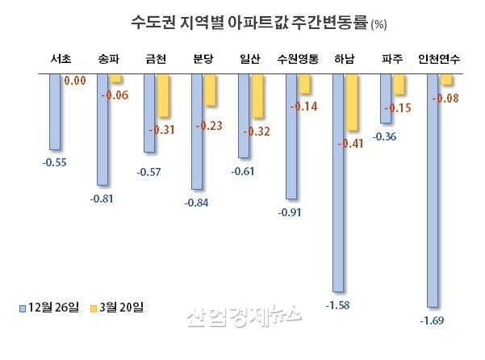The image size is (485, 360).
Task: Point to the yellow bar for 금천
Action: click(x=162, y=95)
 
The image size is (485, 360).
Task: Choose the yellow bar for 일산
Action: click(x=257, y=96)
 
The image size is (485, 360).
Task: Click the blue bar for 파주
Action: click(x=386, y=98)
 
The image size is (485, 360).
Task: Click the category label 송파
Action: click(x=108, y=59)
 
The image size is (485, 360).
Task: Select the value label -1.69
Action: click(x=433, y=320)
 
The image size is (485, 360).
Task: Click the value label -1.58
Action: click(x=338, y=305)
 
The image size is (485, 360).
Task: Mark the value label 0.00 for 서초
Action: click(x=75, y=81)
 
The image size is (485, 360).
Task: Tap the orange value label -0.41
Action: click(x=352, y=143)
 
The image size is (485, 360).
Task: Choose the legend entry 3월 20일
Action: click(x=118, y=308)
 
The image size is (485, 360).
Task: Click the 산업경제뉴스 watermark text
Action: click(x=242, y=316)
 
